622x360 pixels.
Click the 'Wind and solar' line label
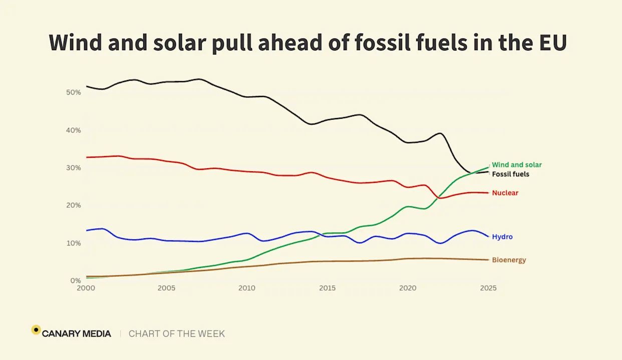[x=516, y=165]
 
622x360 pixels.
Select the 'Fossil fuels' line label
[x=510, y=174]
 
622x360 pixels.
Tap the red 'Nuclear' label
[x=505, y=193]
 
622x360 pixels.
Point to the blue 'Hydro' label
[x=502, y=237]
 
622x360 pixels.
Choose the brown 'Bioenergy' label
[x=509, y=260]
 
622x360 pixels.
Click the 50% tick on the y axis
[x=73, y=93]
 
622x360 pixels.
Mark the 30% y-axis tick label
[x=73, y=168]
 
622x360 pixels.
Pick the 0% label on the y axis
[x=75, y=280]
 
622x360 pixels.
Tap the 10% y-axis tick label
[x=73, y=243]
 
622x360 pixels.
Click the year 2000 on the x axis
[x=86, y=288]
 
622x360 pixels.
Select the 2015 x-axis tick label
[x=328, y=288]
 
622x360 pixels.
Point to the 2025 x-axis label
[x=488, y=288]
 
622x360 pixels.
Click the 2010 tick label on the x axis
[x=247, y=288]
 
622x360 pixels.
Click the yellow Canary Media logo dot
[x=36, y=330]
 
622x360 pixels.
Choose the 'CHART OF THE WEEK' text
[x=177, y=333]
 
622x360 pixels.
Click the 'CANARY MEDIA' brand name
[x=77, y=333]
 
